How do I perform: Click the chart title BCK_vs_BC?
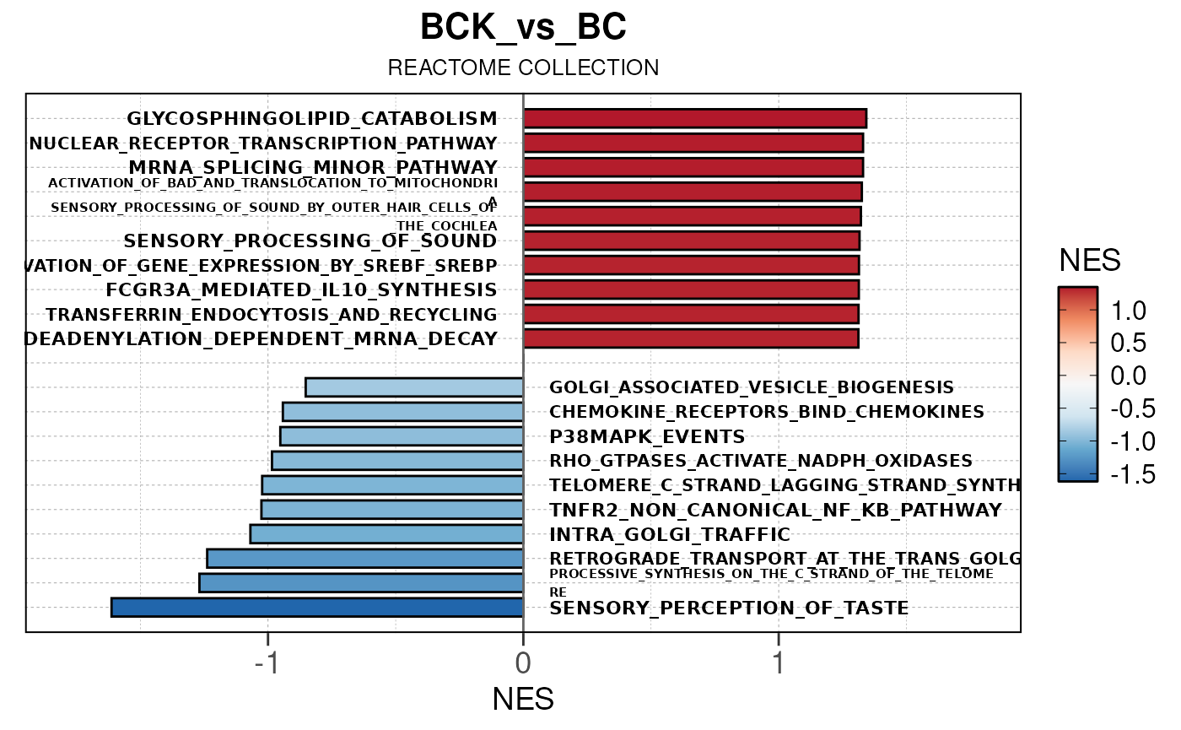pyautogui.click(x=523, y=29)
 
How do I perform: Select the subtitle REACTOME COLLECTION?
pyautogui.click(x=523, y=68)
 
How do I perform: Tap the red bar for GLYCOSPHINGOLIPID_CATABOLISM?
pyautogui.click(x=694, y=119)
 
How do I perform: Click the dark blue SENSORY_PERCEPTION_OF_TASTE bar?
pyautogui.click(x=317, y=608)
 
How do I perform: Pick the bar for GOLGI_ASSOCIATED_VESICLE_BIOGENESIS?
pyautogui.click(x=414, y=387)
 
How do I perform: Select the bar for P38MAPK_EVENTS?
pyautogui.click(x=402, y=436)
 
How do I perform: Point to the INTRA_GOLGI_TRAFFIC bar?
pyautogui.click(x=386, y=534)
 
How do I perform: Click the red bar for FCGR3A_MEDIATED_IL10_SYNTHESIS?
pyautogui.click(x=691, y=290)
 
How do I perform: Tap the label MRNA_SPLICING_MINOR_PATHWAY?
pyautogui.click(x=313, y=167)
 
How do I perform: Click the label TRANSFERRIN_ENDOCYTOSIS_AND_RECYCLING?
pyautogui.click(x=271, y=315)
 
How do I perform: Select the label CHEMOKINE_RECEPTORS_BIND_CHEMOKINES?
pyautogui.click(x=767, y=412)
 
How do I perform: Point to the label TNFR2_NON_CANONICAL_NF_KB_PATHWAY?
pyautogui.click(x=775, y=511)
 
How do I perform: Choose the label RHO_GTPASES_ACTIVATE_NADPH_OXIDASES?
pyautogui.click(x=761, y=462)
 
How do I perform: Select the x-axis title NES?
pyautogui.click(x=523, y=700)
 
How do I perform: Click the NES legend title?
pyautogui.click(x=1090, y=262)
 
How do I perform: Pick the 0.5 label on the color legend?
pyautogui.click(x=1128, y=343)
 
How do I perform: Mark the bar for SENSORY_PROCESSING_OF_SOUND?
pyautogui.click(x=691, y=241)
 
